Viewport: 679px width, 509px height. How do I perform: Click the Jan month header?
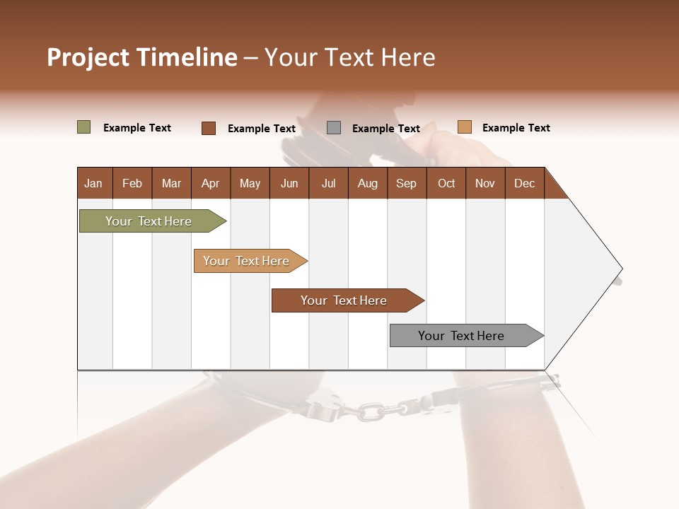point(94,183)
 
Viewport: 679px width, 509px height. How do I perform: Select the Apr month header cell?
point(211,183)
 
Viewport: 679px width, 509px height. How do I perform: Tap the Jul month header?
point(328,183)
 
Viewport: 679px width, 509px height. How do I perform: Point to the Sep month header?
point(406,183)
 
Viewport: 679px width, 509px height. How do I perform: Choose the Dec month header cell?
point(524,183)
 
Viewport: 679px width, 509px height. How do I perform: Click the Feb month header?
point(132,183)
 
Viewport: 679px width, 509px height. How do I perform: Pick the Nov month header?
point(485,183)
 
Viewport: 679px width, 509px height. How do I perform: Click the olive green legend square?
point(84,127)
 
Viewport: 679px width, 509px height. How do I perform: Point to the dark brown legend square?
point(209,128)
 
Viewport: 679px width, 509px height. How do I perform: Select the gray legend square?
point(334,128)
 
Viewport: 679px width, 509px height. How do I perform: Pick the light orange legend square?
point(465,127)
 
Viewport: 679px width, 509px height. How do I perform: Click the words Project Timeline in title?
point(141,57)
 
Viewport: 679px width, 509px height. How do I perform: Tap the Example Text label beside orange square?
point(516,128)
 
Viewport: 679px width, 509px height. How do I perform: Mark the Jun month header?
point(289,183)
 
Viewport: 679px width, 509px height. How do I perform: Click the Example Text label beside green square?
point(137,128)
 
